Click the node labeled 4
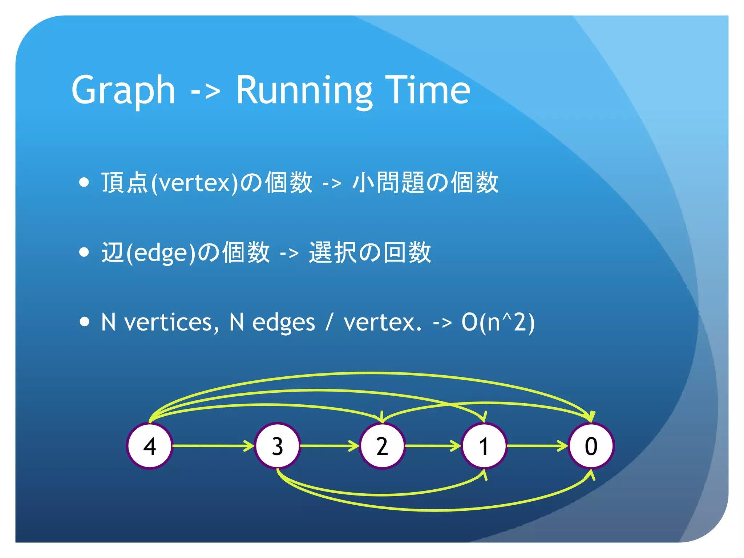149,446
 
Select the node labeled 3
278,446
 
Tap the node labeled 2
382,446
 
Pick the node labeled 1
484,446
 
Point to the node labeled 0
591,446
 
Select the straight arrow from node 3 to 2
329,446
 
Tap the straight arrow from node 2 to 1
432,446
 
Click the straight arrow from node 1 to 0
537,446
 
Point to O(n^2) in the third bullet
498,322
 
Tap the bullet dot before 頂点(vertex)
84,182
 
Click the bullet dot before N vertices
84,322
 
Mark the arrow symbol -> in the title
206,92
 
